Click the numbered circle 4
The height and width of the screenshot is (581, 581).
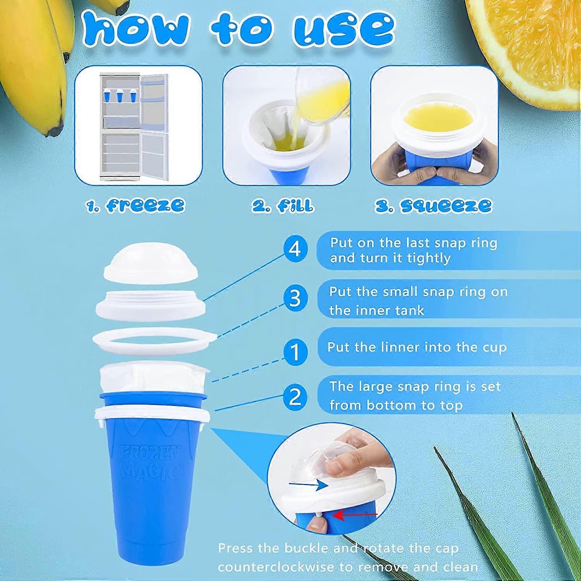pos(295,249)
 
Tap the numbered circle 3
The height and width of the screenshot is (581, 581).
pos(295,299)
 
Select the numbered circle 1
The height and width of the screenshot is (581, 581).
pos(295,352)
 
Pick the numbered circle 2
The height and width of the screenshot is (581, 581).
pos(295,397)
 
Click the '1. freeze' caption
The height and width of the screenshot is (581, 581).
pos(135,205)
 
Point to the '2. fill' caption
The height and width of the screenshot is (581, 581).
pos(283,205)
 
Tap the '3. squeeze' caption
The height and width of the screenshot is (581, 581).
pos(433,205)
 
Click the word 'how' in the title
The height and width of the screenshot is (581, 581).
pos(136,28)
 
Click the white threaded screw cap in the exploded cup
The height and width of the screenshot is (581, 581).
pos(150,304)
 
